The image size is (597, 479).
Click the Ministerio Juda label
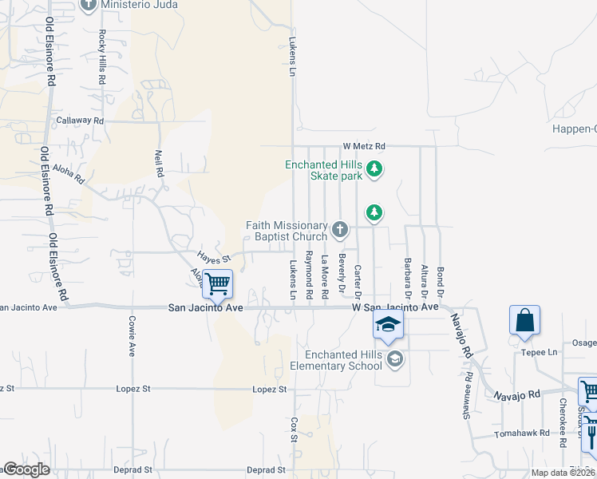coord(139,5)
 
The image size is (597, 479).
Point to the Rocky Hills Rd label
coord(102,57)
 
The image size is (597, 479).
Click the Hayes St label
coord(213,258)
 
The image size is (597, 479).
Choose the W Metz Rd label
coord(364,146)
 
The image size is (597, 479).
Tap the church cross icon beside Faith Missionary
coord(340,231)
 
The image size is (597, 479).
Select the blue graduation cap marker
coord(388,324)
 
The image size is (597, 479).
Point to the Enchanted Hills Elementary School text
coord(342,360)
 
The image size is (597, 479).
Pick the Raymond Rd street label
coord(308,271)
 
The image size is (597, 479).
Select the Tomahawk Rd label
coord(522,433)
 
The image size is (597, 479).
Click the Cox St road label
coord(294,429)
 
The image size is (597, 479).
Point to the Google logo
coord(26,469)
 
